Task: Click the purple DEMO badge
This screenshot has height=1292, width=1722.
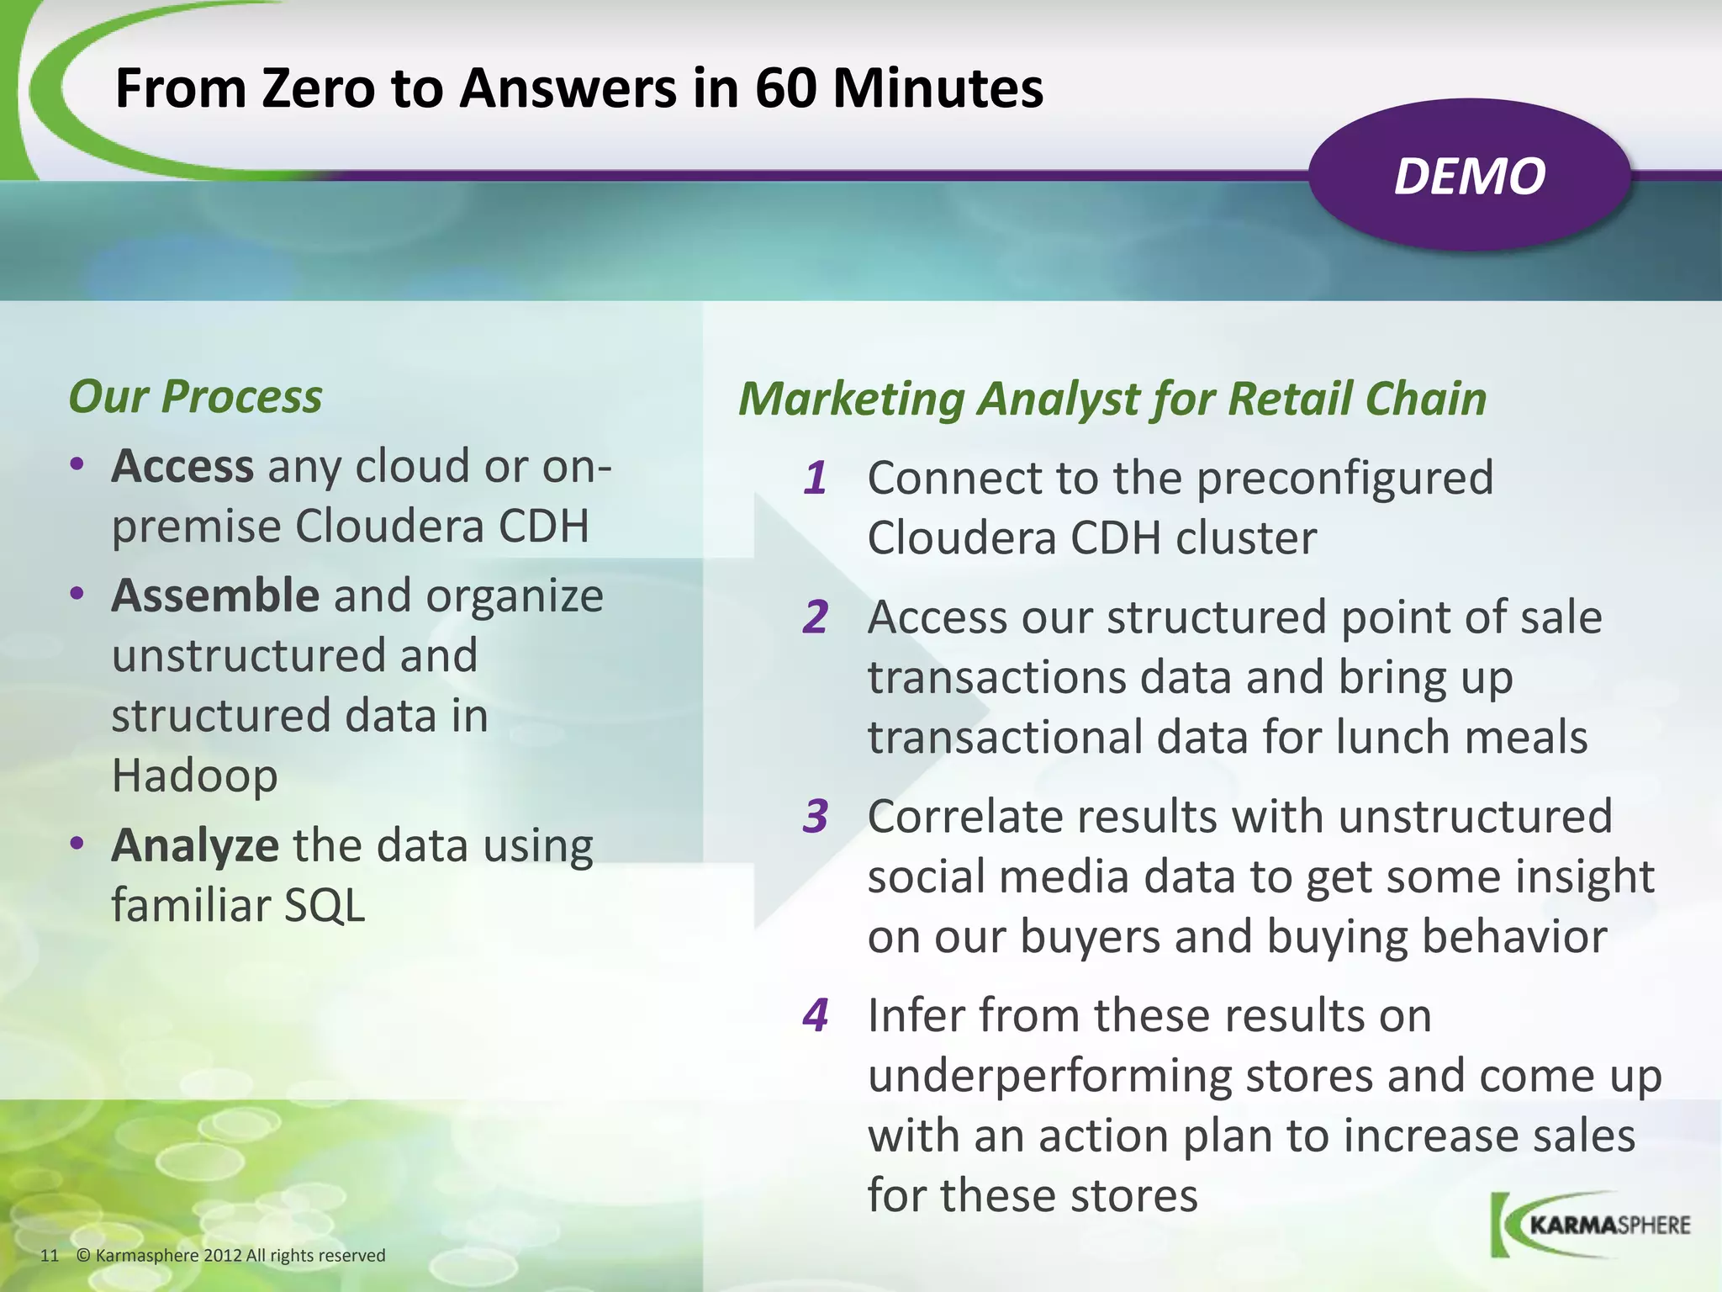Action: click(1469, 176)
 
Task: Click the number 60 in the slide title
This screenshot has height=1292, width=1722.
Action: click(785, 88)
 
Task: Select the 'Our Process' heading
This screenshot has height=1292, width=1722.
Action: click(195, 396)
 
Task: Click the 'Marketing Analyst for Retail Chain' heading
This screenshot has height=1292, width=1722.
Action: click(1112, 399)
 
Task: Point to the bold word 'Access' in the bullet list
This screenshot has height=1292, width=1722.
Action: click(182, 466)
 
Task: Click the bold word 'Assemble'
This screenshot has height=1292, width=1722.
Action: click(215, 596)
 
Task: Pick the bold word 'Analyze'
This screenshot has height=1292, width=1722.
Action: click(195, 845)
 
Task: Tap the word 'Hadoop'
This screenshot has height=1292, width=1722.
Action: click(194, 776)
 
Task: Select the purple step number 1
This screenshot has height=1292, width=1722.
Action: click(815, 479)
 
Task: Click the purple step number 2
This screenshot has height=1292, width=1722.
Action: click(815, 617)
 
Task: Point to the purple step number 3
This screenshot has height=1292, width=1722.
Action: click(815, 817)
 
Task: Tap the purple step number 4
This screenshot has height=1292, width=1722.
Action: click(815, 1015)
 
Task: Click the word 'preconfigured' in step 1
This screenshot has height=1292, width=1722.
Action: click(1344, 479)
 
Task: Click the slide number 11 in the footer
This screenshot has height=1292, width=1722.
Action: click(50, 1256)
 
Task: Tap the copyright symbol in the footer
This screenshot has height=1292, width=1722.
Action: click(82, 1256)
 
